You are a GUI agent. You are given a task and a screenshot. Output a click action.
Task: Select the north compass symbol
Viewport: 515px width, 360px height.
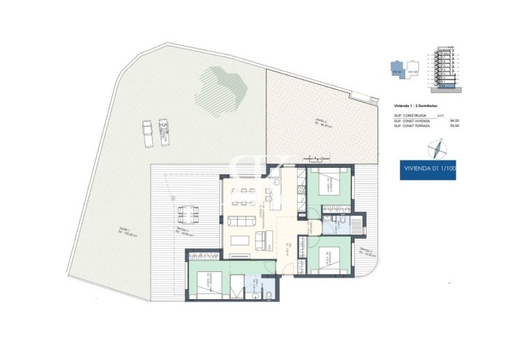(x=436, y=148)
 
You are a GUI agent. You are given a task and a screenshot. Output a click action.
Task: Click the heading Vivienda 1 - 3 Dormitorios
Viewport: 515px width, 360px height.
(x=415, y=107)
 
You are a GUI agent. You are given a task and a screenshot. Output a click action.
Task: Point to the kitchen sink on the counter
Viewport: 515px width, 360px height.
(x=275, y=183)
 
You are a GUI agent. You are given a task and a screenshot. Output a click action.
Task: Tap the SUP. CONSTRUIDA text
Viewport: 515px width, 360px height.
(x=411, y=116)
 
